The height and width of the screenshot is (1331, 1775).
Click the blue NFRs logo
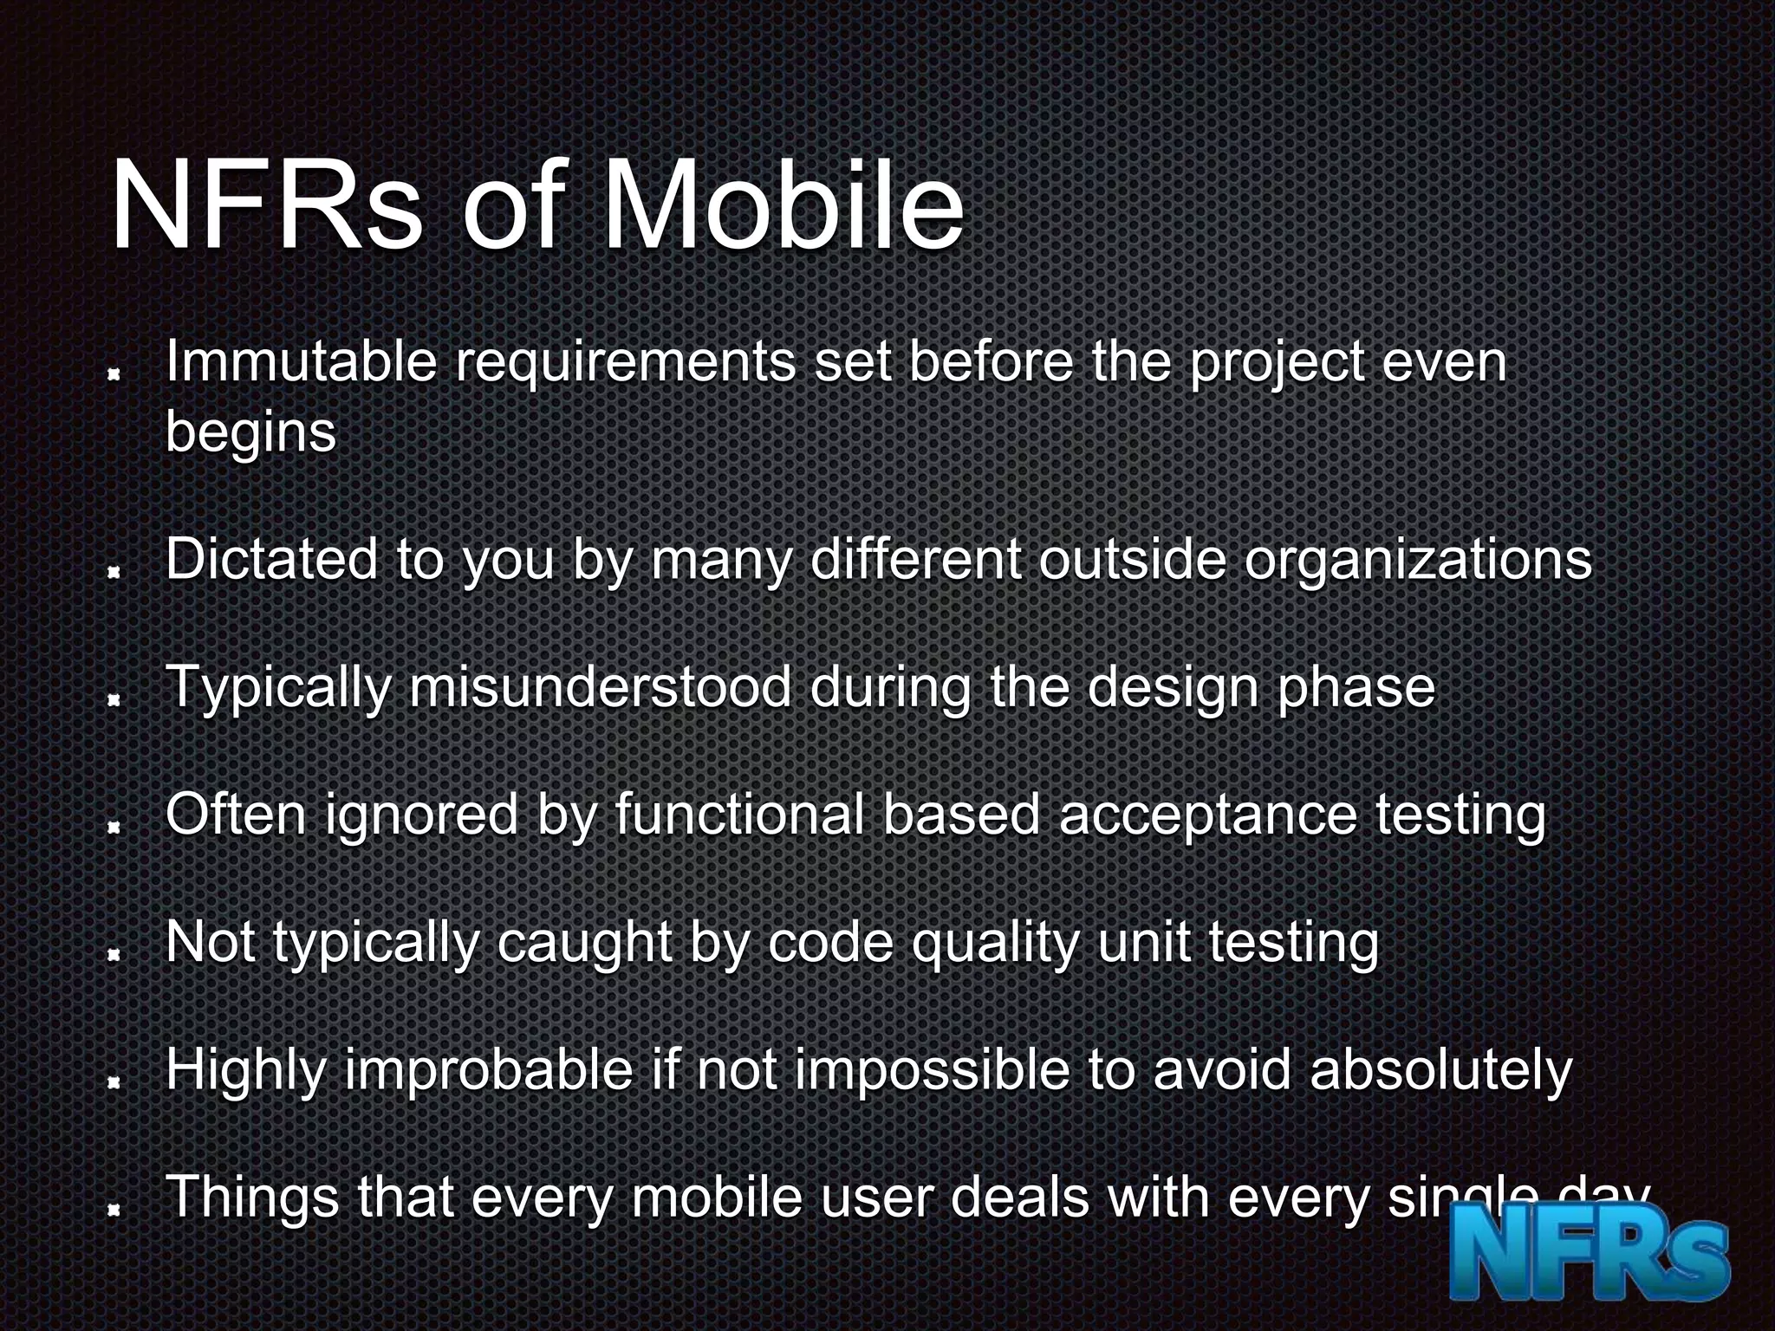pos(1590,1260)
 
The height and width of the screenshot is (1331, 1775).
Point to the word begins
pos(250,432)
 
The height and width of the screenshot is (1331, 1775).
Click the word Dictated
pos(271,559)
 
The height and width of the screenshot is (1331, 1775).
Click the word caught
pos(584,943)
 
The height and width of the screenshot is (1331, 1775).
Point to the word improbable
pos(489,1070)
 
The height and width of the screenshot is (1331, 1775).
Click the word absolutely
pos(1440,1070)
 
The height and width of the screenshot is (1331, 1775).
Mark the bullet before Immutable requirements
pos(113,375)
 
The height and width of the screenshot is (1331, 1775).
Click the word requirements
pos(625,363)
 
